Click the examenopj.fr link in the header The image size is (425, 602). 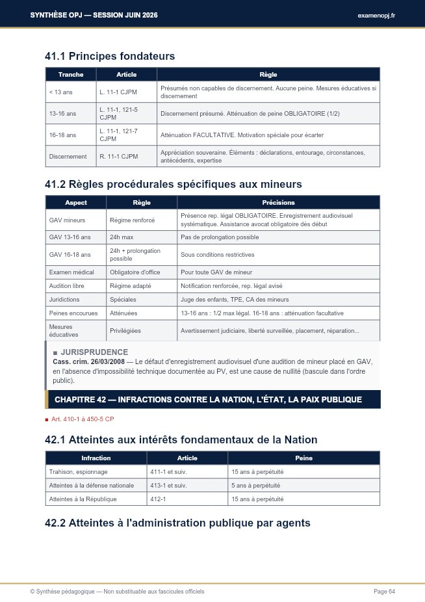click(x=376, y=15)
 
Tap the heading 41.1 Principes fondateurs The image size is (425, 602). click(x=110, y=57)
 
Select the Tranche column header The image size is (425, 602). click(x=71, y=75)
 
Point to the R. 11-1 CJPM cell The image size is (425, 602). click(x=118, y=156)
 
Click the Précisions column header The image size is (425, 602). click(x=278, y=203)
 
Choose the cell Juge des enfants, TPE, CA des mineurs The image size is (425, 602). click(x=235, y=300)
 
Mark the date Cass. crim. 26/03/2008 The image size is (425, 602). click(x=84, y=361)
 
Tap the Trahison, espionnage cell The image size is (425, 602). click(x=79, y=472)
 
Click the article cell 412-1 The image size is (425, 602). click(x=159, y=499)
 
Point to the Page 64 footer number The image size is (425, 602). click(x=384, y=591)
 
